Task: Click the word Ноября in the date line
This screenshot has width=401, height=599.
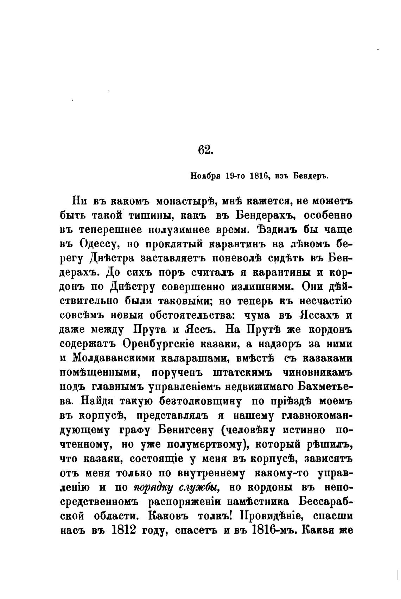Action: [x=206, y=176]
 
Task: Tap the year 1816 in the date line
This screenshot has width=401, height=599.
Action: [x=259, y=176]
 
